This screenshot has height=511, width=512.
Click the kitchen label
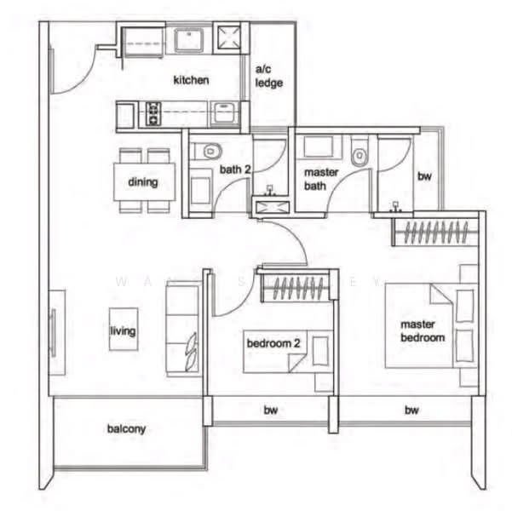[191, 80]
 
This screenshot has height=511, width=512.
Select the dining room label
[143, 181]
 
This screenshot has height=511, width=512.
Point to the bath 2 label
[235, 170]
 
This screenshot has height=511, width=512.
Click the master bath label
[321, 179]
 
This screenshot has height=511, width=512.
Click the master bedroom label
[423, 331]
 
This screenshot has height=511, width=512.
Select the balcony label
[126, 428]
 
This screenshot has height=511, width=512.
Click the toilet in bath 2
[205, 152]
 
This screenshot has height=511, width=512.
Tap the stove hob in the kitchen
[153, 112]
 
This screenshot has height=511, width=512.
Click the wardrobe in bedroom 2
[295, 289]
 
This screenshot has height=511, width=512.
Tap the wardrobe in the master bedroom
[435, 231]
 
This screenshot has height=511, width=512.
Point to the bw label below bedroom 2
[270, 411]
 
